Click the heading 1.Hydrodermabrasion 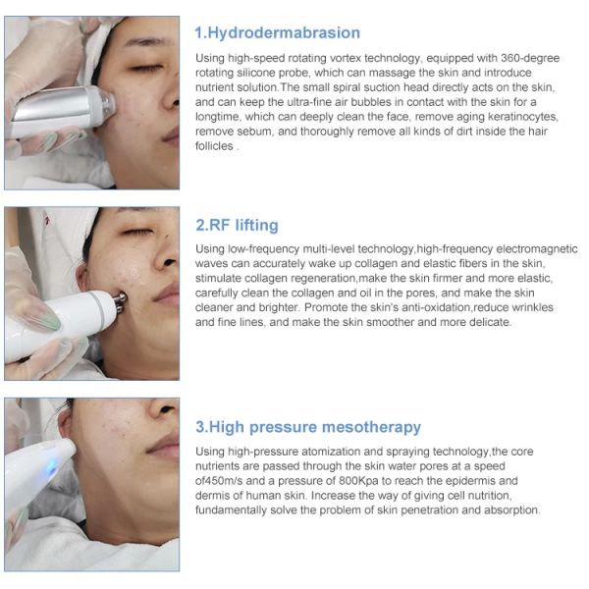277,33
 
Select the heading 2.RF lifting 237,225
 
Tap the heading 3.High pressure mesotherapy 308,427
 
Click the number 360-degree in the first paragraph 530,58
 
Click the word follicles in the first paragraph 214,145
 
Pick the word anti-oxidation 436,307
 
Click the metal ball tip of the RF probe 120,302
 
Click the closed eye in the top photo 145,68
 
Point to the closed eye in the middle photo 137,232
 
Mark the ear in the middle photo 81,277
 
